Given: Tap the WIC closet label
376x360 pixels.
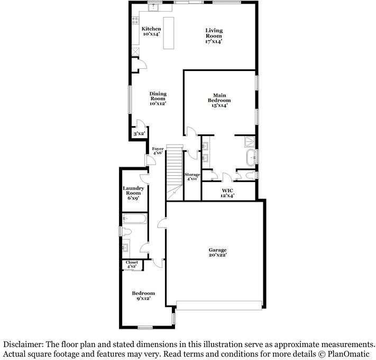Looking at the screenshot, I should pos(227,192).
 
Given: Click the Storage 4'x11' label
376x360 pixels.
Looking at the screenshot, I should pos(192,176).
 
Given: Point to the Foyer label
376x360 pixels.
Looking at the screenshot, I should pos(158,151).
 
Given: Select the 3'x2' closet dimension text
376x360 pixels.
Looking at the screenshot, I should pos(139,134).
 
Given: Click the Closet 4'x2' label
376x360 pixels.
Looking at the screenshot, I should pos(132,264).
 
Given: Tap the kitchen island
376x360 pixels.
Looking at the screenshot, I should pos(169,33).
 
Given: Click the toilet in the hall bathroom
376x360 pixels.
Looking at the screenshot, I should pos(127,233).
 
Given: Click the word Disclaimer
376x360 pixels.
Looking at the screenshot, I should pos(23,344).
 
